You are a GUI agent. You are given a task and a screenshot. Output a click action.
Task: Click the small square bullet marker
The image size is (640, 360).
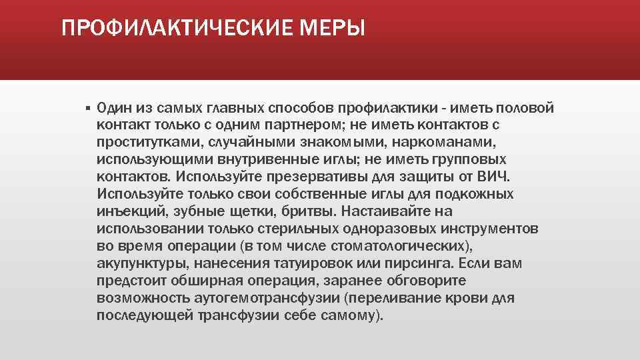[x=87, y=108]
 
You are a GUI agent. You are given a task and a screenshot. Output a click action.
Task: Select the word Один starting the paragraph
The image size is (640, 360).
[x=114, y=108]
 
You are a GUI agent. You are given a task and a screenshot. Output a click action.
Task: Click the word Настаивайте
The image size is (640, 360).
[x=389, y=212]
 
